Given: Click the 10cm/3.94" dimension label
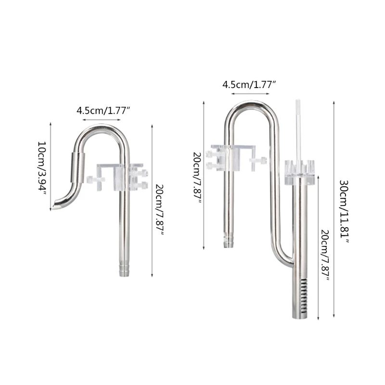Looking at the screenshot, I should pyautogui.click(x=42, y=167).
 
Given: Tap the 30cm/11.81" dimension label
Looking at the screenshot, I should pyautogui.click(x=343, y=211).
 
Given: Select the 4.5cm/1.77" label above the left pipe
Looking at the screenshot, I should pyautogui.click(x=104, y=110).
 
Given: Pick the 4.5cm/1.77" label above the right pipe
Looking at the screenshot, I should pyautogui.click(x=249, y=85).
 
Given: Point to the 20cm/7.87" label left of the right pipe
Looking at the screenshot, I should pyautogui.click(x=197, y=178).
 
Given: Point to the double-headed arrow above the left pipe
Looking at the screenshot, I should pyautogui.click(x=102, y=119).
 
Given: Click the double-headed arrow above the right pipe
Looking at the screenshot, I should pyautogui.click(x=249, y=93).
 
